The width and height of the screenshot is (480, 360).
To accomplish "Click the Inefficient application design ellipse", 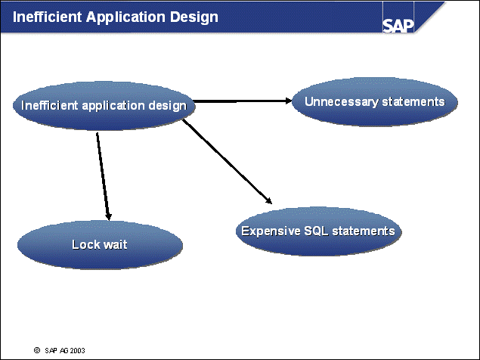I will (104, 105).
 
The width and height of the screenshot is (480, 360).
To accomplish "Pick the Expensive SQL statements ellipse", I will (317, 231).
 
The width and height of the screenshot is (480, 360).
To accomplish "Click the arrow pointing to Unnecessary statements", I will (242, 100).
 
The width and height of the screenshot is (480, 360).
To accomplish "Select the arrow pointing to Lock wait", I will (103, 174).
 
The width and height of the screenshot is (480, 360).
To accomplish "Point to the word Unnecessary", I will (338, 101).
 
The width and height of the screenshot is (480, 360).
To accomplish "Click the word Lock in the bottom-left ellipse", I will (85, 244).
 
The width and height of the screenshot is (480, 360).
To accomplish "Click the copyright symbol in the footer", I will (36, 351).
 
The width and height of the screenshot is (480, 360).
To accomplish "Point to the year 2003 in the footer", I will (76, 351).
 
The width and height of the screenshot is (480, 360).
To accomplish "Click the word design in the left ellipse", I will (169, 106).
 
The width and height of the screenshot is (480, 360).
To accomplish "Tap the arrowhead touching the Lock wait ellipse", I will (109, 215).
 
